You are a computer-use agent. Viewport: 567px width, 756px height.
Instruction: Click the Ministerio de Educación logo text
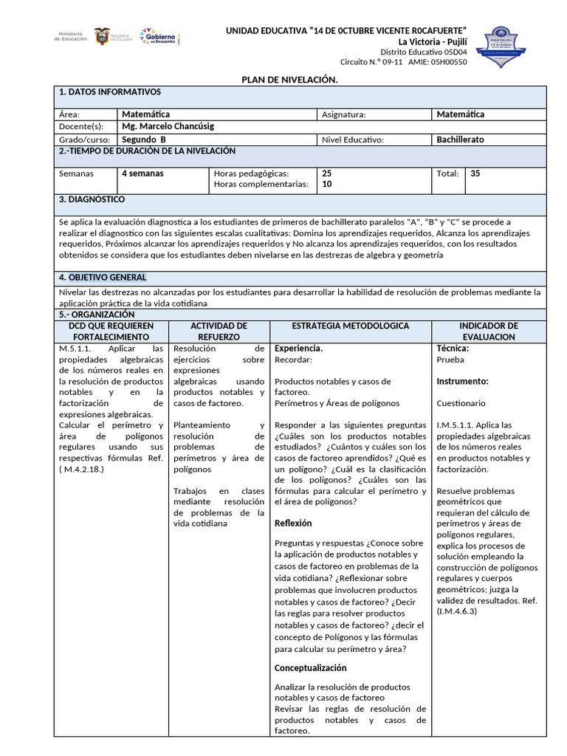pos(71,36)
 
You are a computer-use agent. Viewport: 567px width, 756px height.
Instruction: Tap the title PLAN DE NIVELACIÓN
pos(290,79)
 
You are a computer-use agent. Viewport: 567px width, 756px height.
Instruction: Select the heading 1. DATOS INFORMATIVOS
pos(109,92)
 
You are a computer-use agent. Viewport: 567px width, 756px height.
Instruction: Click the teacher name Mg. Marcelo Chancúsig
pos(168,126)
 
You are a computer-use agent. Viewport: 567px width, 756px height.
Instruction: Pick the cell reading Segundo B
pos(144,140)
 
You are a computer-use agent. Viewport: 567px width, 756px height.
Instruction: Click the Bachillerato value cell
pos(460,140)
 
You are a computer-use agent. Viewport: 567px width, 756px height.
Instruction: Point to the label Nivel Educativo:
pos(353,140)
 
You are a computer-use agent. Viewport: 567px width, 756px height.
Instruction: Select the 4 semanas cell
pos(142,173)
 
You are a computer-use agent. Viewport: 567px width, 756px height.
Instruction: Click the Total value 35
pos(475,173)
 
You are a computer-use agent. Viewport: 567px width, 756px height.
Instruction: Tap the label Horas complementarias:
pos(261,185)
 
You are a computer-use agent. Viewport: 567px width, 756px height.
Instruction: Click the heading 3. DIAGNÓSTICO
pos(92,200)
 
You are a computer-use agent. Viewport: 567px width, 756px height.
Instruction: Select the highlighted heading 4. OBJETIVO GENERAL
pos(102,278)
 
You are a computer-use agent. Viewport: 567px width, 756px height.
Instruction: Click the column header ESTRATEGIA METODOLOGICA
pos(350,326)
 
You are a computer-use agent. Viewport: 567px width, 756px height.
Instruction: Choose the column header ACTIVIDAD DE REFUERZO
pos(219,331)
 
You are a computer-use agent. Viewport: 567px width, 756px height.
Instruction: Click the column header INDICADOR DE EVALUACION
pos(488,331)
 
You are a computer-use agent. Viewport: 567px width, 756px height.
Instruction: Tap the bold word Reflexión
pos(293,523)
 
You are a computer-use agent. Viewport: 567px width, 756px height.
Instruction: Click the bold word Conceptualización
pos(310,668)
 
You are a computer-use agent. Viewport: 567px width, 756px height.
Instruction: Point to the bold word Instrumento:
pos(462,382)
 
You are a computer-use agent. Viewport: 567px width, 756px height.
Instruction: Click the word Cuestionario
pos(461,404)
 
